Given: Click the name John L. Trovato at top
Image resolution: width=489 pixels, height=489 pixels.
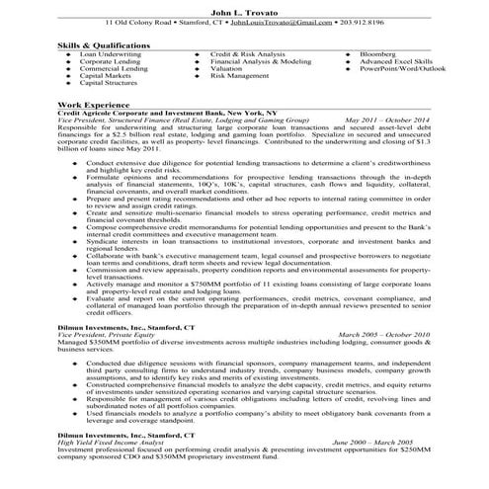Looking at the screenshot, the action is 244,9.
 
